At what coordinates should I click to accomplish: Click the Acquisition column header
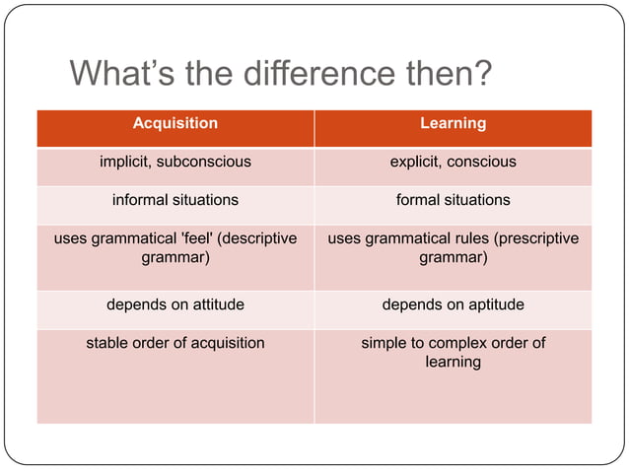pos(175,123)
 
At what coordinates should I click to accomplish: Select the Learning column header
pos(453,123)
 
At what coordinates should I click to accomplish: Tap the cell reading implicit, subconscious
pos(175,162)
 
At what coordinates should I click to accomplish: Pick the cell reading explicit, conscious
pos(453,162)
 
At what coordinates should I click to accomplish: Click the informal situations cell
pos(175,200)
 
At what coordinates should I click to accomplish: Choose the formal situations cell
pos(453,200)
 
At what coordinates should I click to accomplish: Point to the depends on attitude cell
pos(175,305)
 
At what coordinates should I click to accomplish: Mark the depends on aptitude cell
pos(453,305)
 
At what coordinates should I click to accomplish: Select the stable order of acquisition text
pos(175,343)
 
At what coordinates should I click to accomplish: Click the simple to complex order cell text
pos(453,352)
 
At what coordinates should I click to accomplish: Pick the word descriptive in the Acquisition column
pos(259,238)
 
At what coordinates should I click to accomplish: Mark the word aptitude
pos(491,305)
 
